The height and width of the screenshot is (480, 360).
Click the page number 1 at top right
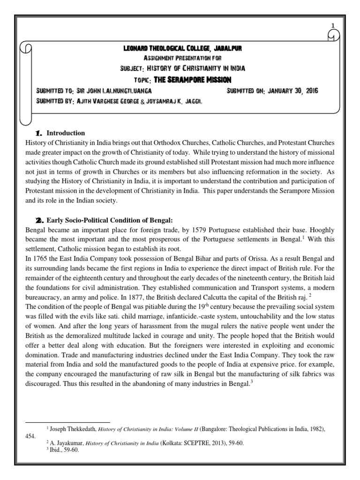click(x=333, y=25)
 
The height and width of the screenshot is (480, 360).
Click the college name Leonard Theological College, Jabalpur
click(x=182, y=48)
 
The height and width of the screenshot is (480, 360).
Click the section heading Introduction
click(x=66, y=133)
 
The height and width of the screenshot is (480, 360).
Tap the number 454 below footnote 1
click(x=30, y=435)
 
